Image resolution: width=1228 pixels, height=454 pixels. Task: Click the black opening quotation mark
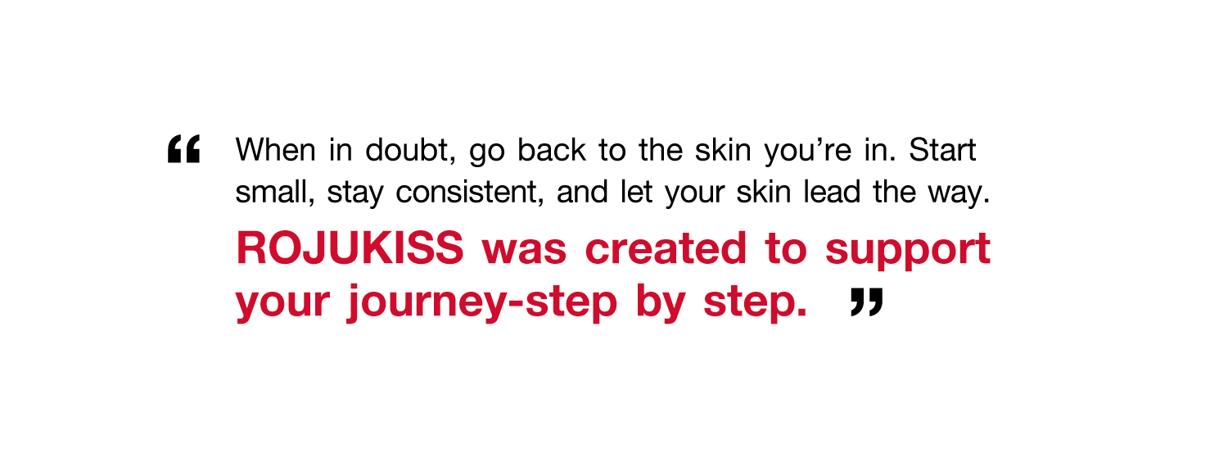183,149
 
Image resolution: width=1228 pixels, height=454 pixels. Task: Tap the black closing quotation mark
867,302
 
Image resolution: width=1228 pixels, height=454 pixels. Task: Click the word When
276,150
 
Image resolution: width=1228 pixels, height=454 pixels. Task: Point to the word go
487,153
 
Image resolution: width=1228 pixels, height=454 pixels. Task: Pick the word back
552,150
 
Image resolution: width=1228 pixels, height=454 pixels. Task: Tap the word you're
808,152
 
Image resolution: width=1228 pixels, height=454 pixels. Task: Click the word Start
942,150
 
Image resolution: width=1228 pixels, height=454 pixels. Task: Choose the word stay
355,195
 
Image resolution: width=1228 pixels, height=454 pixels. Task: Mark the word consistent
470,192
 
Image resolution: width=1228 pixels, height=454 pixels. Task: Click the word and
582,192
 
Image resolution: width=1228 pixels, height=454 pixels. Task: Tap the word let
636,192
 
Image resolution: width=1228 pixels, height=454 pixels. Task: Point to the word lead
832,192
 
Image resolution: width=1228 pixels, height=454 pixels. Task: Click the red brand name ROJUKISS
350,248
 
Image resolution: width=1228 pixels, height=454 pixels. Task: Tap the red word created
666,248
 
